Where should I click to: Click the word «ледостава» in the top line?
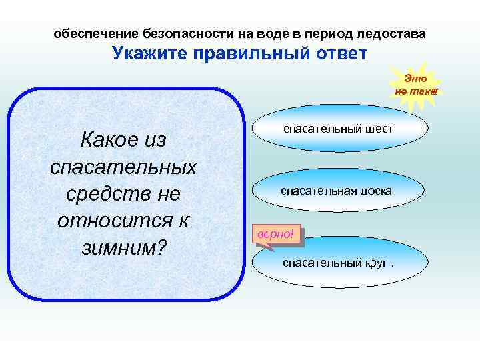pyautogui.click(x=393, y=33)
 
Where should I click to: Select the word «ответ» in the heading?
pyautogui.click(x=337, y=53)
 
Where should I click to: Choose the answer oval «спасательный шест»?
pyautogui.click(x=338, y=129)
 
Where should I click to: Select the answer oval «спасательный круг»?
pyautogui.click(x=338, y=262)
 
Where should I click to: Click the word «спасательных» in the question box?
pyautogui.click(x=123, y=167)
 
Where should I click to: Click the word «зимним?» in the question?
pyautogui.click(x=123, y=247)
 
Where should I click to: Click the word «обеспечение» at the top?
pyautogui.click(x=96, y=33)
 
